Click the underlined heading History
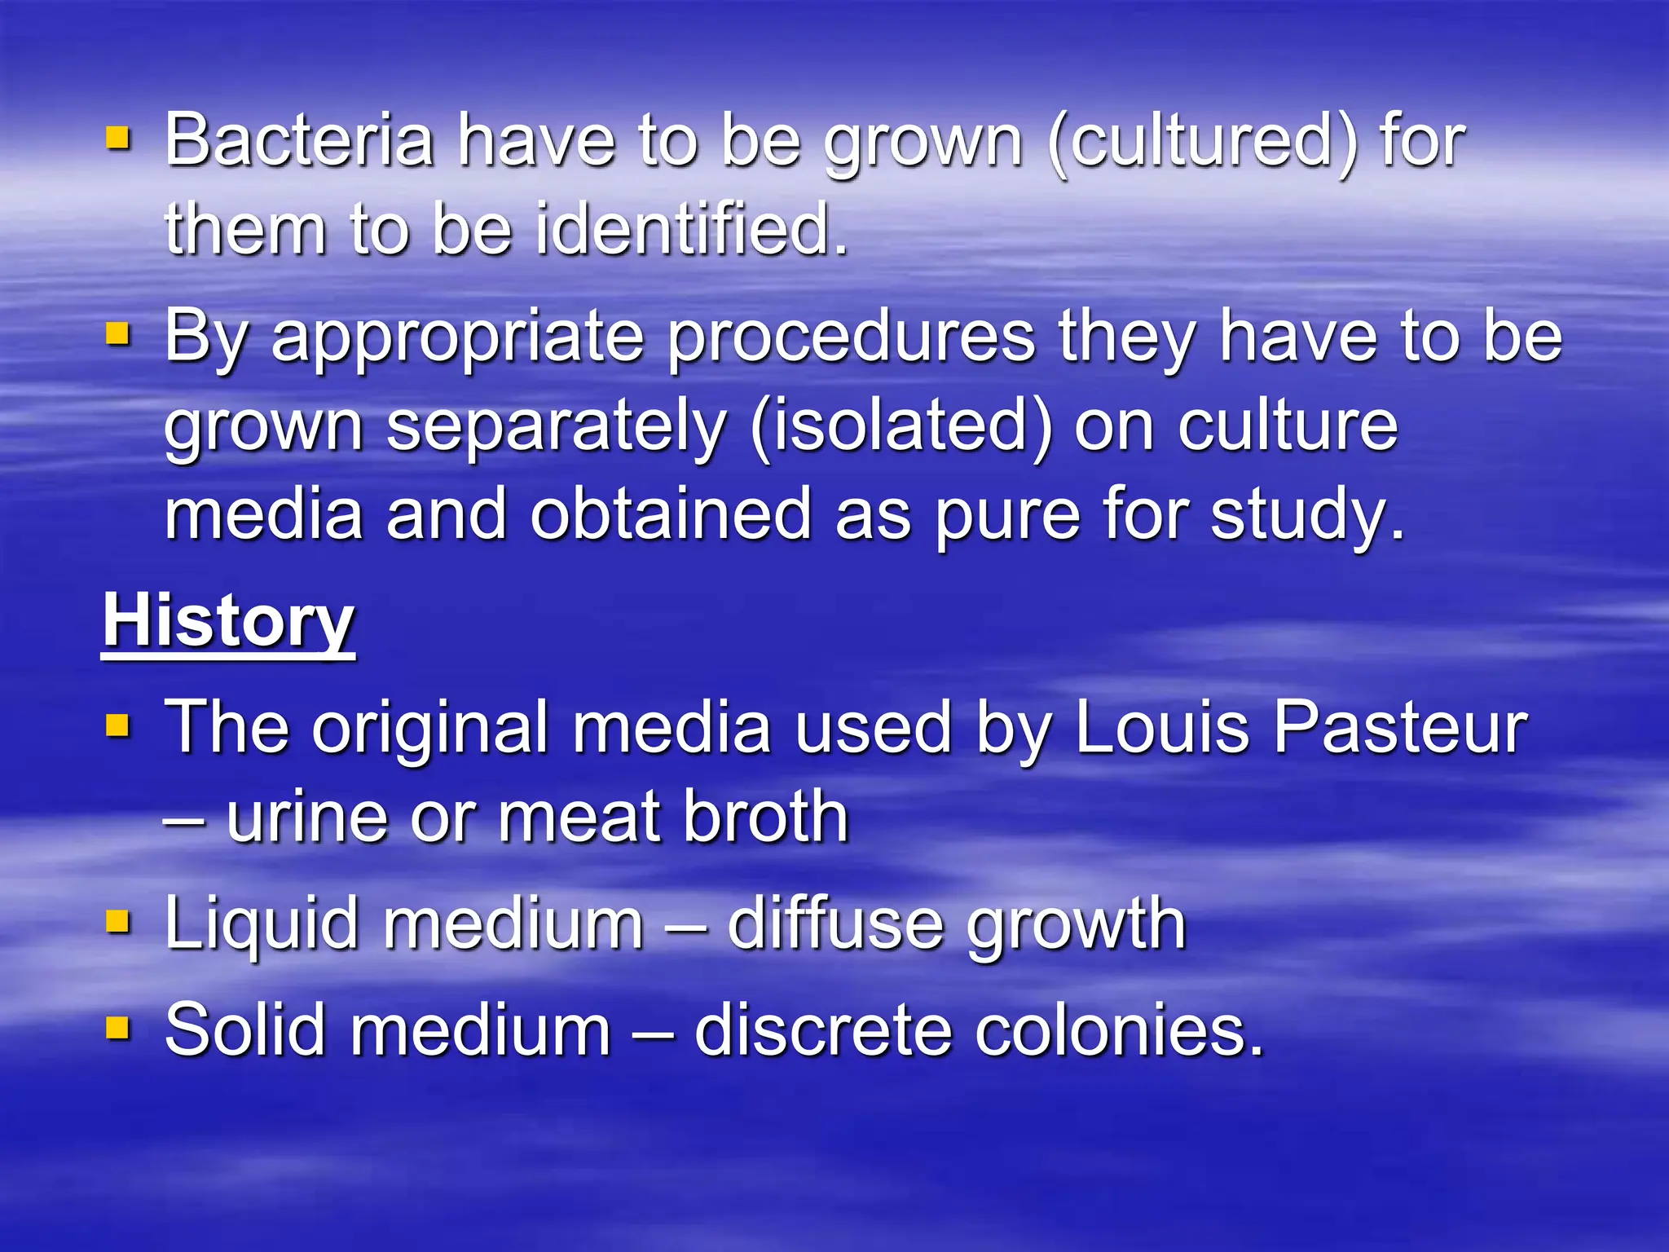click(x=228, y=621)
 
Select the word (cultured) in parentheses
click(x=1203, y=142)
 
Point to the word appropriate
click(x=458, y=339)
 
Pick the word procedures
click(x=851, y=339)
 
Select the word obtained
click(x=671, y=514)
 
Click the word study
click(x=1307, y=516)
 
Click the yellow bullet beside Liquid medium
click(x=118, y=922)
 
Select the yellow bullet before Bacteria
click(x=118, y=139)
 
